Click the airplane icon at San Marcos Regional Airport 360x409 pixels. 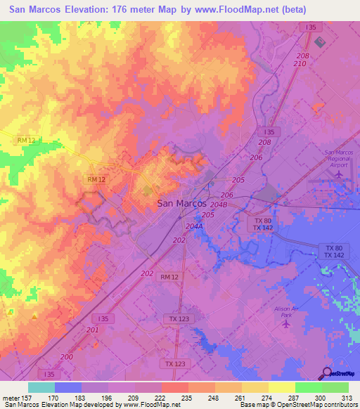point(340,174)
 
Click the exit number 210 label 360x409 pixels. point(300,64)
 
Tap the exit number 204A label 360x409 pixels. point(194,227)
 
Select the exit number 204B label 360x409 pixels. point(219,205)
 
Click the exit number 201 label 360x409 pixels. point(93,330)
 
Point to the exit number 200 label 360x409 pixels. point(66,357)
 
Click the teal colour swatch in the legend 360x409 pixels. point(41,387)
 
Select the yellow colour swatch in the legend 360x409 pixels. point(281,387)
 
